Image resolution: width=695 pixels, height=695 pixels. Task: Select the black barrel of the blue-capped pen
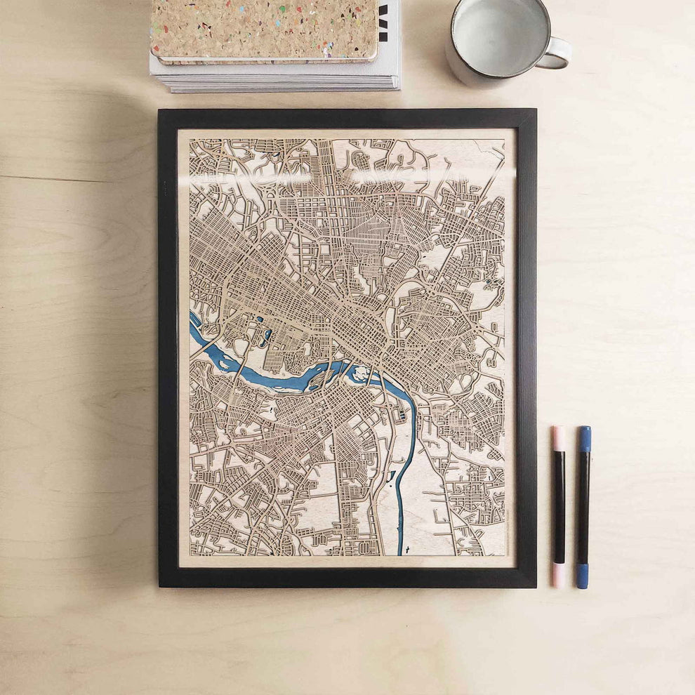[583, 505]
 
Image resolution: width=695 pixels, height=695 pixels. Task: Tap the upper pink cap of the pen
[558, 438]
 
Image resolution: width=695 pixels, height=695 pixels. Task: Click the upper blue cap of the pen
[585, 438]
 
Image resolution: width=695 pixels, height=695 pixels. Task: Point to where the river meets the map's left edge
[192, 321]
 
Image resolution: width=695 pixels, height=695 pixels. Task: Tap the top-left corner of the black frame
[161, 112]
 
